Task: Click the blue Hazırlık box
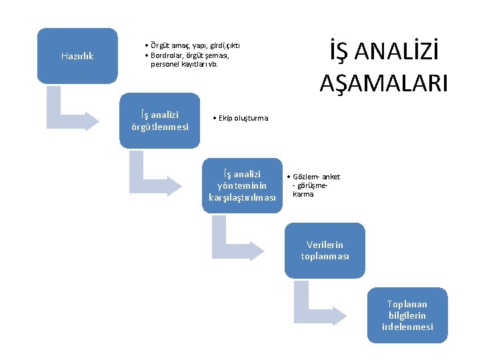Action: [77, 55]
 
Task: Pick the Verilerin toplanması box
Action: [325, 250]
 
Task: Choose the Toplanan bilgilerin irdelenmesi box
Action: [407, 315]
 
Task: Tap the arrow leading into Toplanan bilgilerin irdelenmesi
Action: [321, 303]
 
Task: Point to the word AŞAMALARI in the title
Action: [383, 83]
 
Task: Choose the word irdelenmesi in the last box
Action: [407, 327]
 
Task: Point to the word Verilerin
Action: [325, 245]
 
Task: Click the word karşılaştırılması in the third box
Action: [242, 197]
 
